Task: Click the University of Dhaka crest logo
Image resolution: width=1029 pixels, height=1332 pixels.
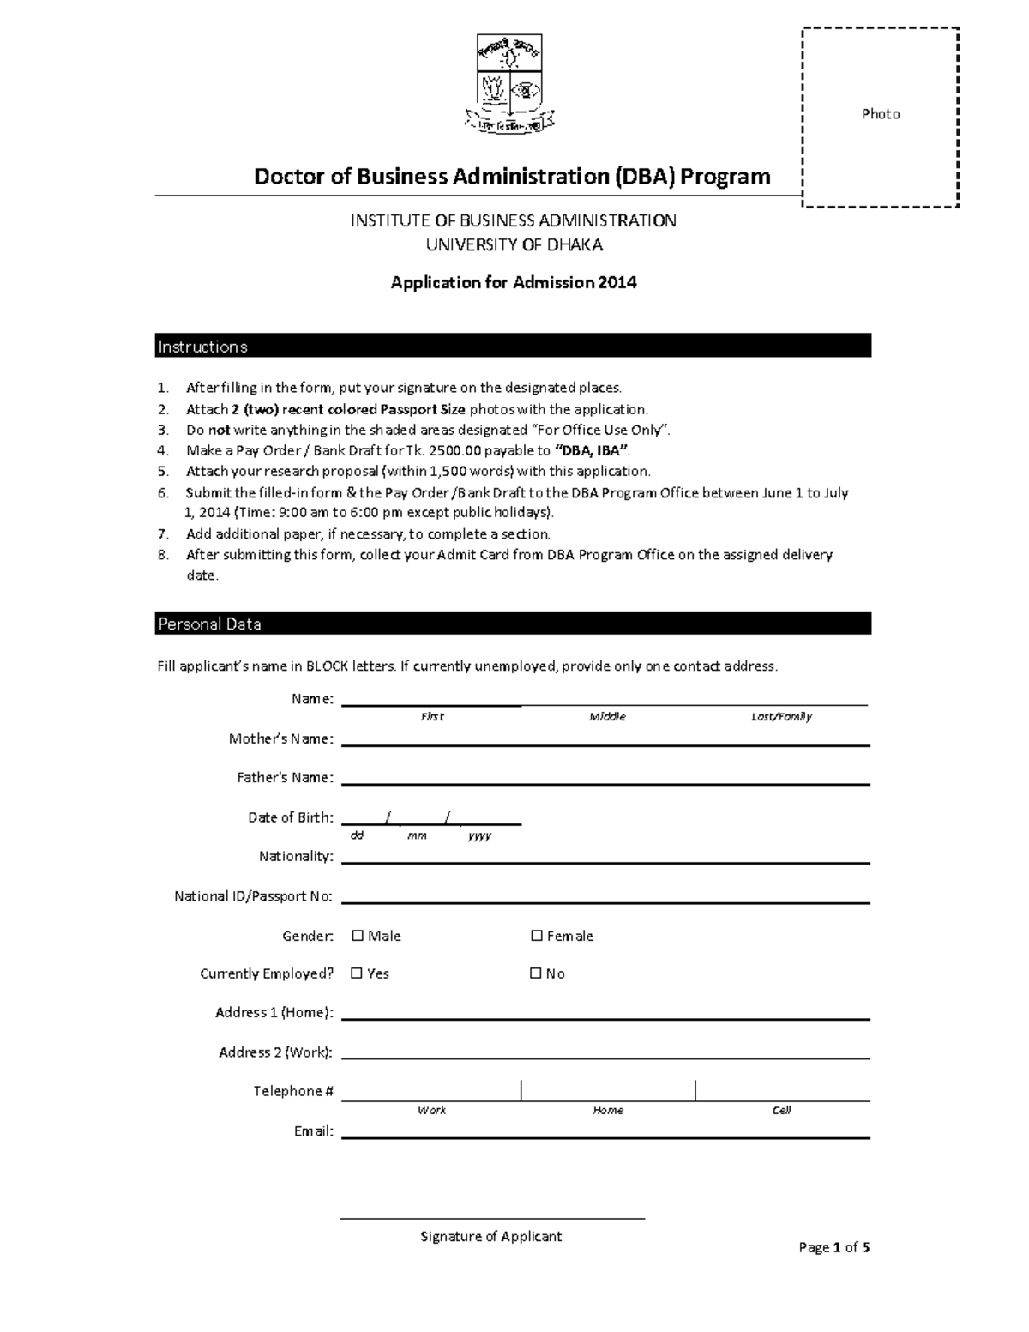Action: coord(509,84)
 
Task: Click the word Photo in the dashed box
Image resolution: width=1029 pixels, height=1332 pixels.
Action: coord(881,114)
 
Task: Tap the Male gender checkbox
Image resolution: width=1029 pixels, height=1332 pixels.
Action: coord(358,936)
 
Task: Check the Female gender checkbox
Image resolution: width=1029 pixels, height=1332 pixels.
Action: coord(537,936)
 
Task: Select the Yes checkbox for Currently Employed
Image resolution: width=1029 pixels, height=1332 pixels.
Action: coord(357,973)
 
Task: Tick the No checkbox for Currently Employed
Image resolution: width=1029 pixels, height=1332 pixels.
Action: coord(536,973)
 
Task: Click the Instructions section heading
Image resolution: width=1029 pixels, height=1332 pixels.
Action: coord(202,347)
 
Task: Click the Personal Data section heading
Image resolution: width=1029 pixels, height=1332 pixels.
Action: coord(209,624)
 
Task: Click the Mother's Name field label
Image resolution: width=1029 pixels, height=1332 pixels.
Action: coord(280,738)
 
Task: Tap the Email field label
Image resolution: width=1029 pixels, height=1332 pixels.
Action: coord(313,1131)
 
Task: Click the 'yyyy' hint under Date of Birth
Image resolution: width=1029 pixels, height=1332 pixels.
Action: coord(479,835)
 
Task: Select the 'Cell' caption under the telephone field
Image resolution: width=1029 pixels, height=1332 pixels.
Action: coord(781,1110)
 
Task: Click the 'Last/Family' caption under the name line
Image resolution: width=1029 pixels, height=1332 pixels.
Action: coord(781,716)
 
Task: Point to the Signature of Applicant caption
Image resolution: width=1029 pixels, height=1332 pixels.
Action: coord(490,1236)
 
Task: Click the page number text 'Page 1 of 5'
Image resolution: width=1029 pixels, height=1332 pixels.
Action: coord(833,1247)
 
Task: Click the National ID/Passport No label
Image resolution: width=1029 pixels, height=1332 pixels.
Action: coord(253,896)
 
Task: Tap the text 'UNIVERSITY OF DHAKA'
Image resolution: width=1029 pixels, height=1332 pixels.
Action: coord(514,245)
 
